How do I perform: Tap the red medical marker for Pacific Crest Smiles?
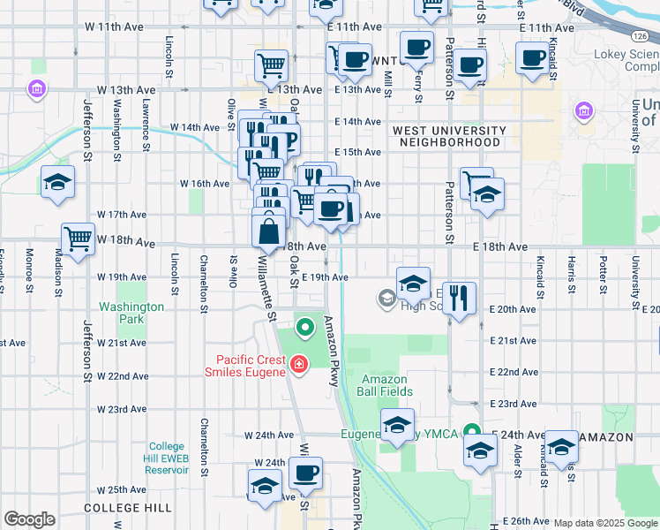click(298, 364)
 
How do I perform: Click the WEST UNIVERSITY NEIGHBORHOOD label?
click(449, 136)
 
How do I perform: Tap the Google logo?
click(29, 519)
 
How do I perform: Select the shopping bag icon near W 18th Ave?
click(268, 232)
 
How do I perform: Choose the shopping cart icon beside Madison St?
click(78, 238)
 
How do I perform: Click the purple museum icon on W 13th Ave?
click(37, 89)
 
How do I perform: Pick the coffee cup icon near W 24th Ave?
click(305, 473)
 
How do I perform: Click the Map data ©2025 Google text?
click(606, 523)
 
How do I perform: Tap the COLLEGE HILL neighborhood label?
click(115, 509)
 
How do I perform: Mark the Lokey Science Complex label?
click(631, 60)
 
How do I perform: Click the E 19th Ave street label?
click(325, 277)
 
